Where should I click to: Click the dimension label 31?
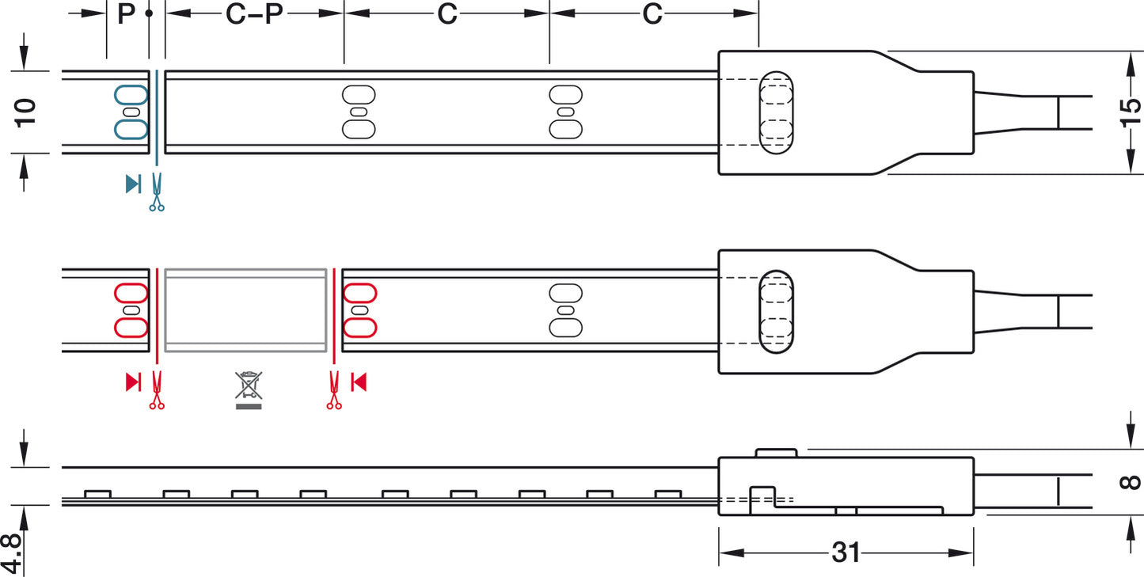[846, 552]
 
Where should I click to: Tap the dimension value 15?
[1131, 112]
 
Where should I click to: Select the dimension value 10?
[25, 113]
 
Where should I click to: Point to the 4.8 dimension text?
[11, 555]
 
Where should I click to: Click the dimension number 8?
[1131, 482]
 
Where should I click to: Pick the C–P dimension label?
[254, 13]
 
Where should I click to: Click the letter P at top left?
[126, 13]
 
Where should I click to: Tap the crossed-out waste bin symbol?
[249, 390]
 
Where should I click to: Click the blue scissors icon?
[157, 192]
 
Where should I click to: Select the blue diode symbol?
[133, 184]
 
